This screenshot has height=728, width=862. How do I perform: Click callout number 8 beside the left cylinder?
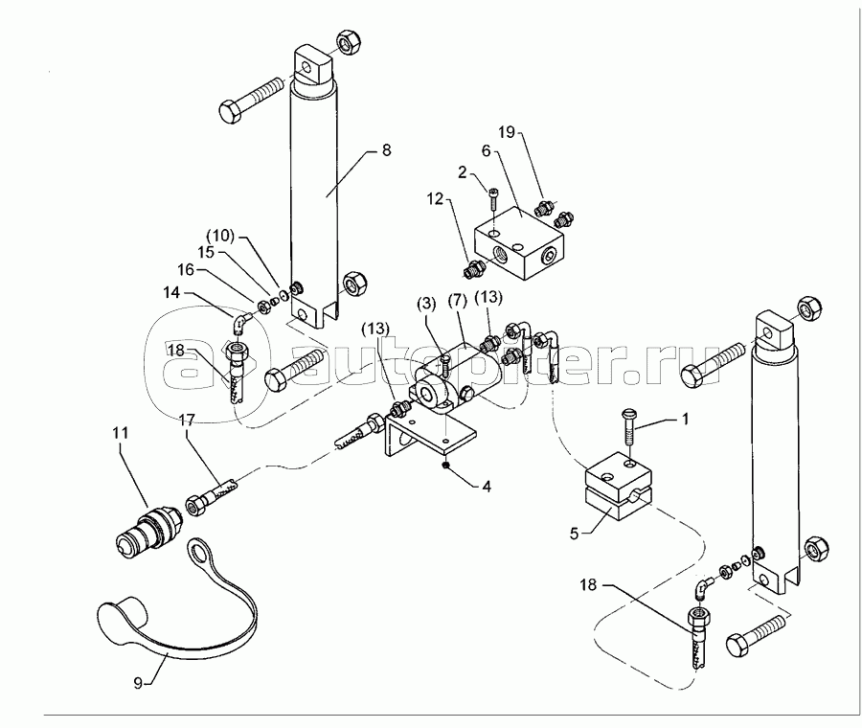[x=387, y=150]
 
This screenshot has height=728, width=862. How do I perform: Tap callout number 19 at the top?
[x=507, y=132]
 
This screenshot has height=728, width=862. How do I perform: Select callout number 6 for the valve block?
[x=486, y=151]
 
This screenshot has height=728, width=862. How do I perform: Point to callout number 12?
[x=435, y=199]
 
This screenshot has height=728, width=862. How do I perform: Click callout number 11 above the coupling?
[x=121, y=433]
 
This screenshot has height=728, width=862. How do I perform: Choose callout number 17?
[x=187, y=421]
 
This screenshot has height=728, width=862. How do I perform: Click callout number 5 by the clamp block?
[x=574, y=534]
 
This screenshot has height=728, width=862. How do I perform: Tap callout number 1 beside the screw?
[x=685, y=420]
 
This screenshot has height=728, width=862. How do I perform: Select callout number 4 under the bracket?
[x=487, y=486]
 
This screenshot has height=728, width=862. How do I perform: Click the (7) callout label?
[x=457, y=301]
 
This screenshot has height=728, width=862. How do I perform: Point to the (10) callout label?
[x=220, y=237]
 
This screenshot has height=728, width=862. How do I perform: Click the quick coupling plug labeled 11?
[x=149, y=525]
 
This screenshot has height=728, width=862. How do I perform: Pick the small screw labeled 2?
[x=492, y=197]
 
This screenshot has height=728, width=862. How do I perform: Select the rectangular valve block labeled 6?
[x=518, y=243]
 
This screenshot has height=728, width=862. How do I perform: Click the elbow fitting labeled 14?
[x=240, y=324]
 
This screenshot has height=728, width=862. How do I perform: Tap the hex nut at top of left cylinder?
[x=347, y=42]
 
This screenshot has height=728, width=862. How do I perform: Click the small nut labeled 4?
[x=445, y=466]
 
